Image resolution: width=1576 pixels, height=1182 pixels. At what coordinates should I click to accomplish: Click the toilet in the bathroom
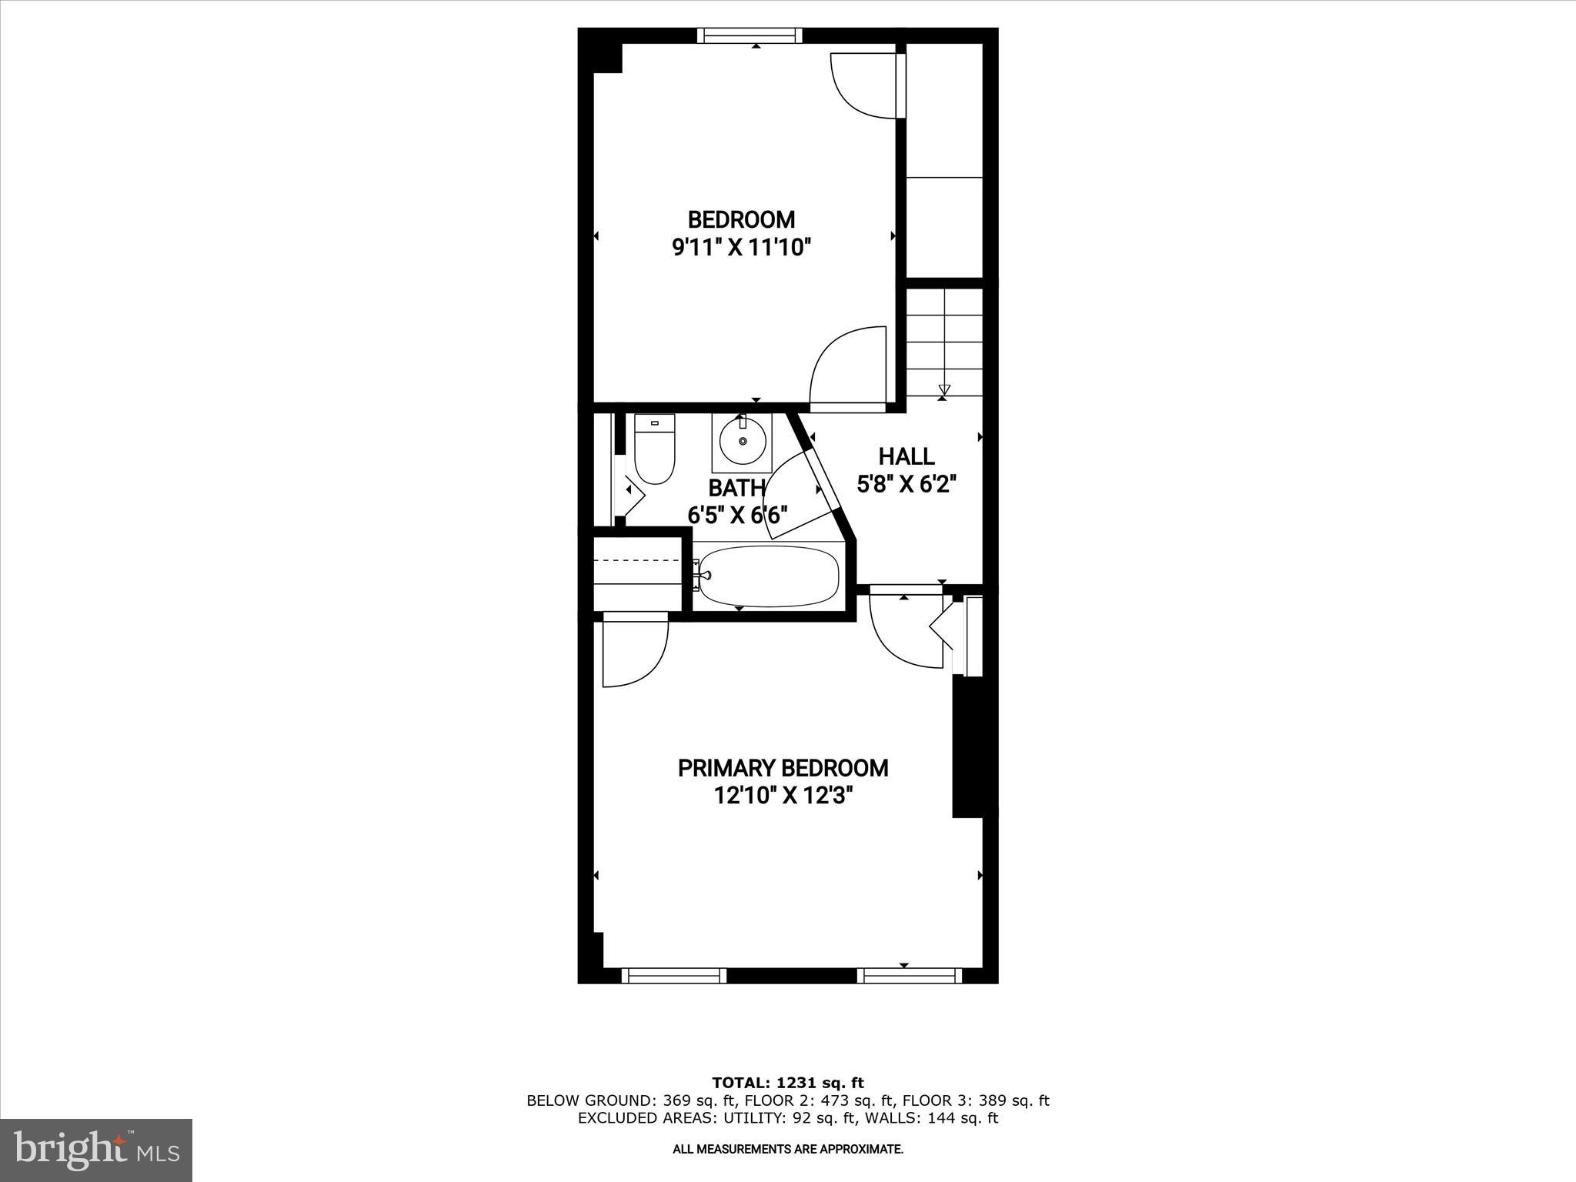click(x=654, y=449)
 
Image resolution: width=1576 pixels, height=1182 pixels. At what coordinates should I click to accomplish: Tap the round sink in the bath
click(x=743, y=441)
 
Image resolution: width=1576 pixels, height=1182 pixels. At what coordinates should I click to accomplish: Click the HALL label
click(x=907, y=456)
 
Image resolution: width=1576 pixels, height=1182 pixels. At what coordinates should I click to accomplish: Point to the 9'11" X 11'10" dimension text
click(x=742, y=248)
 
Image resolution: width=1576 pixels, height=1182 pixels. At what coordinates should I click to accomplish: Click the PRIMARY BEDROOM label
click(x=783, y=768)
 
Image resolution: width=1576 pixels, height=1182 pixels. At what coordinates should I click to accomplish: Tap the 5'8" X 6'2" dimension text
click(x=907, y=484)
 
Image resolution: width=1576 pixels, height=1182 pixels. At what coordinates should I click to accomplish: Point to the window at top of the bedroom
click(x=750, y=35)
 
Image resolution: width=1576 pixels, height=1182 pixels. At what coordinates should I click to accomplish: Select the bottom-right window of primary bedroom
click(x=910, y=976)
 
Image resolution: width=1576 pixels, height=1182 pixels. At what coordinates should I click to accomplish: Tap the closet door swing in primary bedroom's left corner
click(x=633, y=653)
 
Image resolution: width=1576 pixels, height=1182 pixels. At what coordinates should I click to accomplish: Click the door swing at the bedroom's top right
click(x=863, y=85)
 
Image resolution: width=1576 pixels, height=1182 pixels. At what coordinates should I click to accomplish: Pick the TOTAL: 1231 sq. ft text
click(x=787, y=1083)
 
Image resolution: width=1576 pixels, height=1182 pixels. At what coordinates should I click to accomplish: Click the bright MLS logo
click(x=96, y=1150)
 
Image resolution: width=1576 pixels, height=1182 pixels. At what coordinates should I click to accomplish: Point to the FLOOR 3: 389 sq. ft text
click(x=976, y=1100)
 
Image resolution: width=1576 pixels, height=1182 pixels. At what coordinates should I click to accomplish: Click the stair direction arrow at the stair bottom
click(x=944, y=390)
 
